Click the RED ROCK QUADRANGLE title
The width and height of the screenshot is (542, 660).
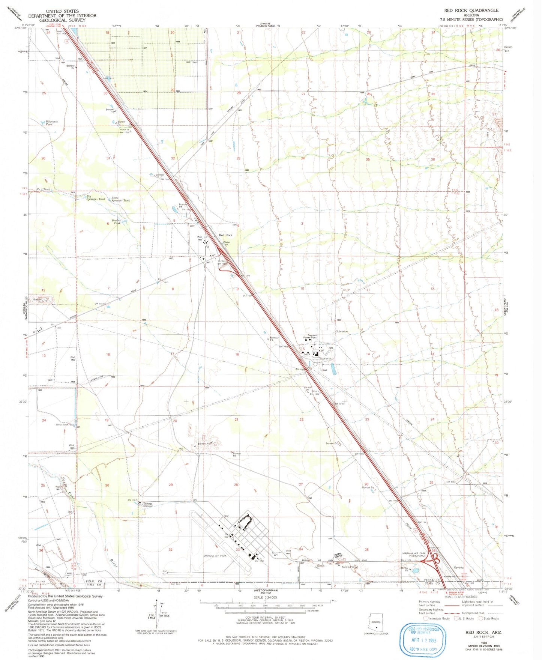coord(471,11)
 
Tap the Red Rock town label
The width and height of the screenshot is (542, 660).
coord(226,235)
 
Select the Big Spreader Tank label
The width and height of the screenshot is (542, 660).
coord(95,198)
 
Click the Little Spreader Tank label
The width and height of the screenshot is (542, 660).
coord(120,199)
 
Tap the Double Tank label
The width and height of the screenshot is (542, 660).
coord(117,222)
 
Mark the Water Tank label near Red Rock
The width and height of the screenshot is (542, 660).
coord(226,243)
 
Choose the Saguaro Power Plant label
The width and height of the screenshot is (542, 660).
coord(312,337)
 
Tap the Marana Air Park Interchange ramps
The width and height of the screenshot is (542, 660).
coord(430,561)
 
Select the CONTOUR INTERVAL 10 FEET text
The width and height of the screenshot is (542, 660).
coord(265,617)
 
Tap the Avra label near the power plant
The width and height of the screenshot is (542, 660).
coord(306,353)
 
